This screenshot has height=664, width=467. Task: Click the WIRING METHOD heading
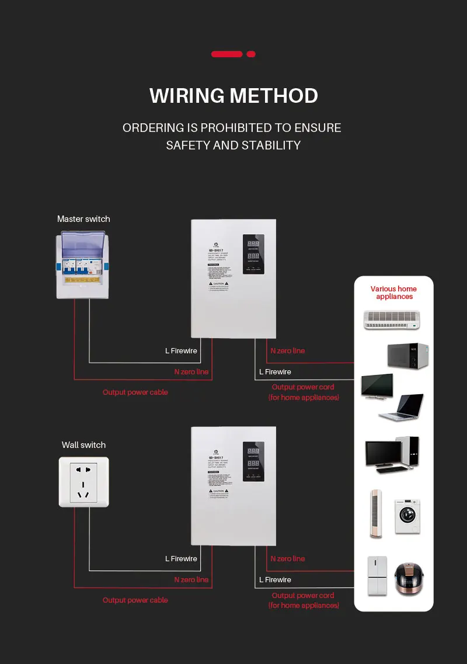click(x=233, y=95)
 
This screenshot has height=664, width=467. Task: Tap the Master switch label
click(x=83, y=219)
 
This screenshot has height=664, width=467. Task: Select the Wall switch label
click(x=83, y=445)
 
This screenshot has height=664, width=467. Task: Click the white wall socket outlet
click(x=84, y=482)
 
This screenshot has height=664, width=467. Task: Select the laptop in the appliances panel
click(x=402, y=407)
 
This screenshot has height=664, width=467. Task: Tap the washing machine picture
click(x=407, y=516)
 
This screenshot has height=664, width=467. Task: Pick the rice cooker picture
click(x=409, y=578)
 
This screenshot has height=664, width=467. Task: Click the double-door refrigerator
click(x=377, y=576)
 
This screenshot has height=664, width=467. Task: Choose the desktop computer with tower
click(x=392, y=454)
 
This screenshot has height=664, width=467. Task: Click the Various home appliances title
click(x=394, y=293)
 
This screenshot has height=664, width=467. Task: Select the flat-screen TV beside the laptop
click(x=377, y=387)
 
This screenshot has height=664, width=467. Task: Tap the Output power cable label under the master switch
click(x=135, y=392)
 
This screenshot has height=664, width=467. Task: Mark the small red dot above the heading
click(x=251, y=54)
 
